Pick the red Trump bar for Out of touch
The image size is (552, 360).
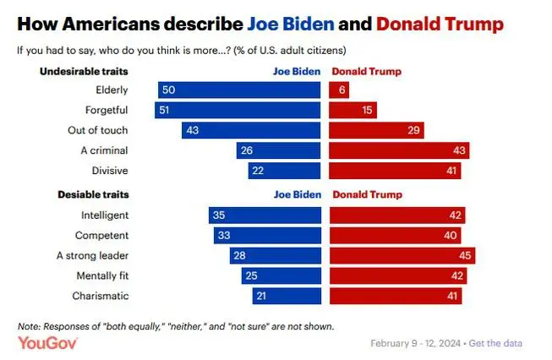point(375,130)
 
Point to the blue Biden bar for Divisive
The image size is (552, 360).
point(285,171)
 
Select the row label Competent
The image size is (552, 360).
point(103,235)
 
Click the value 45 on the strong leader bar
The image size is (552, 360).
point(463,255)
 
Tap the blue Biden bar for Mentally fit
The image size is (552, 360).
point(279,275)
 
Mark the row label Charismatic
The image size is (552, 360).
point(102,296)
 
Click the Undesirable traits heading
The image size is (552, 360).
point(85,71)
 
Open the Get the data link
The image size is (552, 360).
point(495,343)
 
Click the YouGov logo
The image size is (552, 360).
point(47,342)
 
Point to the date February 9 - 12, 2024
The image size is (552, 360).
point(414,343)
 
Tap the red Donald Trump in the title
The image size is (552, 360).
point(440,24)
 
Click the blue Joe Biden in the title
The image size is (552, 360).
point(288,24)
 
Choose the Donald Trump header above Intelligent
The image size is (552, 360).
point(368,194)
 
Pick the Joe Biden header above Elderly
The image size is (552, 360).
point(297,71)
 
